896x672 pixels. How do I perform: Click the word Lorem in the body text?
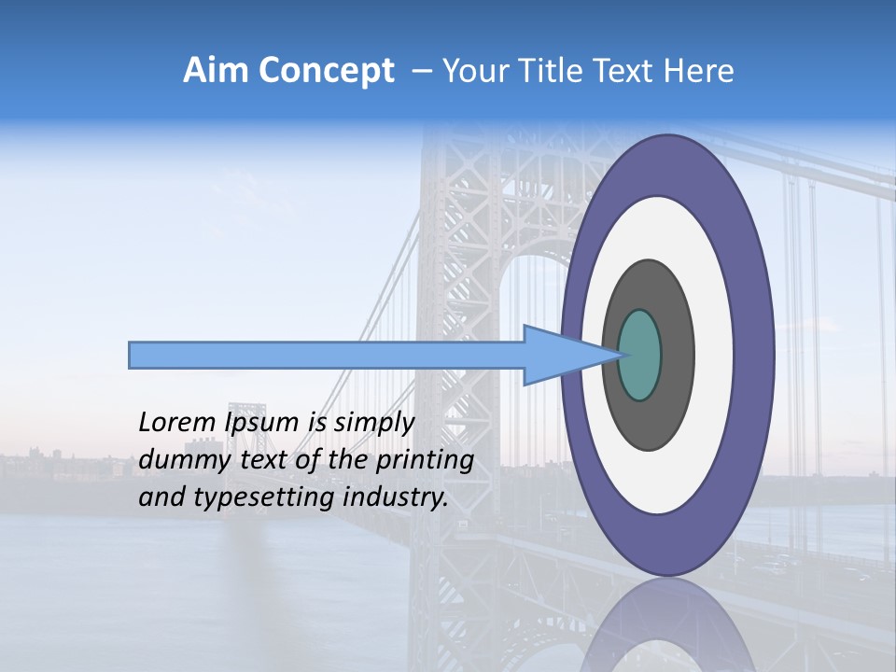[x=172, y=423]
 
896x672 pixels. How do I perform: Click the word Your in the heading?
[x=471, y=71]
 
